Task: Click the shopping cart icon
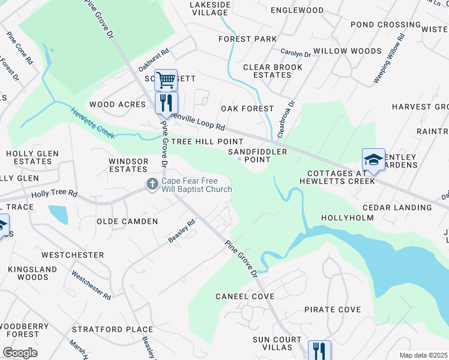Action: (166, 79)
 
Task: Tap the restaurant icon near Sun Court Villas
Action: (319, 350)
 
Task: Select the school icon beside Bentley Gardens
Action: (373, 160)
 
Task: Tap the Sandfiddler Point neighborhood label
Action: (258, 156)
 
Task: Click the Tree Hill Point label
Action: (199, 142)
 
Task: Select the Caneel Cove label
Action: (245, 296)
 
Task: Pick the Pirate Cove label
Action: (333, 310)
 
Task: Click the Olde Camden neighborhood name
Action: (127, 221)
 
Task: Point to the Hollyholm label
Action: (348, 218)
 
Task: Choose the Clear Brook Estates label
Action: (272, 71)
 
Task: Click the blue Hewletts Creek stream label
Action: (92, 123)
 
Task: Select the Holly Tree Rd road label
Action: (55, 194)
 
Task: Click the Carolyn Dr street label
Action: (295, 55)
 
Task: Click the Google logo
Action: (20, 353)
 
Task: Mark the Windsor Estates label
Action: (128, 165)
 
